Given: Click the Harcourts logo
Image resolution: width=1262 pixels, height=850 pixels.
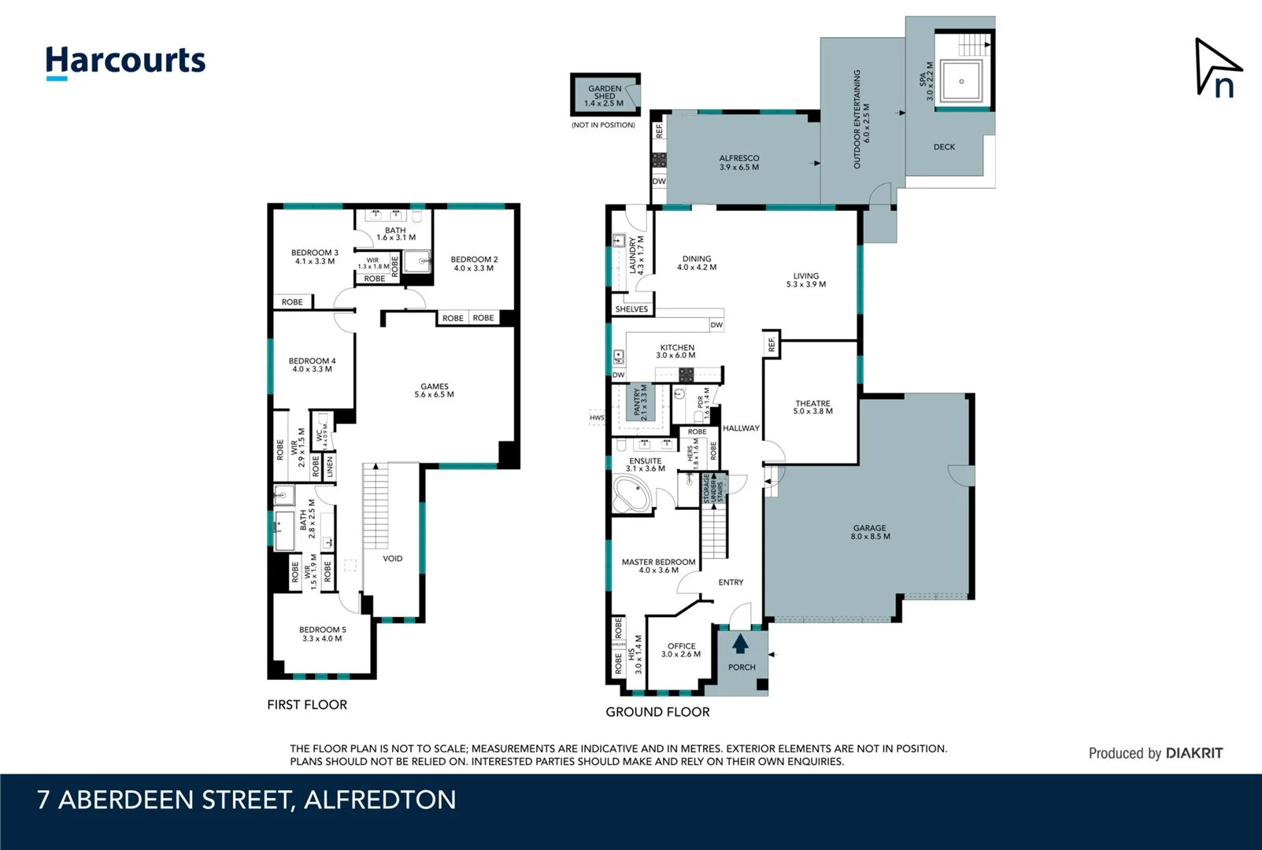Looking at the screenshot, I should (x=125, y=61).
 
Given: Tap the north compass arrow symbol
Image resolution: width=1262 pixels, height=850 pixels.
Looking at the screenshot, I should (x=1216, y=68).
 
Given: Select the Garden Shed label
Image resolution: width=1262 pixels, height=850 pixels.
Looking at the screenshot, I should (x=605, y=95).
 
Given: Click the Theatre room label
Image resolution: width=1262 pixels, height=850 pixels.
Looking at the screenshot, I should (x=812, y=407).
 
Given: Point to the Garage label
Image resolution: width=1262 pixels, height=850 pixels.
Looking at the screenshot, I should (x=869, y=532).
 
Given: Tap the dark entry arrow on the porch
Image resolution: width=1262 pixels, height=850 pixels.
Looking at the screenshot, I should (x=740, y=644).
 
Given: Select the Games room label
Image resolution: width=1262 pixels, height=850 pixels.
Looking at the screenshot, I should (x=434, y=390).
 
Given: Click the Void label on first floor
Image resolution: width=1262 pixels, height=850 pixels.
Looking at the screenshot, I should (x=392, y=559).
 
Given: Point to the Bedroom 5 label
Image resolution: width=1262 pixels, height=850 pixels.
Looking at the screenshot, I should (x=322, y=634).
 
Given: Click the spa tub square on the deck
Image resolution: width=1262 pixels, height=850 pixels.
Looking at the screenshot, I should (x=961, y=81).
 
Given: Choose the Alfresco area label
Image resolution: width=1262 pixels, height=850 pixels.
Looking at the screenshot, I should (x=738, y=162).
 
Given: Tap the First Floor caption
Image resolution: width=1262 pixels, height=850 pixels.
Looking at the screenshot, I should (x=307, y=704).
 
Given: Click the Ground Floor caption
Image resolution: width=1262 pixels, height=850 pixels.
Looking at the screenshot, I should (x=657, y=711).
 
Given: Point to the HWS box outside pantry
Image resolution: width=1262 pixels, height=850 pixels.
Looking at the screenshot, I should (x=597, y=418).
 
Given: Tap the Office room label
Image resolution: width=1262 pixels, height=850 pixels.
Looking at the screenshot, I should (x=681, y=649).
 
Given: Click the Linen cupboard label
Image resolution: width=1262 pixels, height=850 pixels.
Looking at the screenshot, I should (x=330, y=466).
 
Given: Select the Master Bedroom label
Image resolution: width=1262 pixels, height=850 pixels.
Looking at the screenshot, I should (x=658, y=566).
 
